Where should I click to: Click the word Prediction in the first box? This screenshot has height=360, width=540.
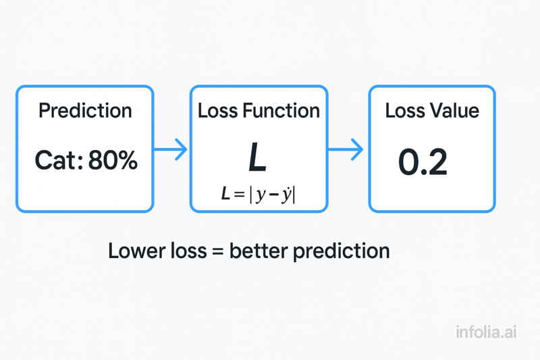tap(85, 111)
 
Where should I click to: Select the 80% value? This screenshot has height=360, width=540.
tap(112, 161)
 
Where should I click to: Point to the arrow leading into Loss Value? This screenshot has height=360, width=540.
tap(348, 149)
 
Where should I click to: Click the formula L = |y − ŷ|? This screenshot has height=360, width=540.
tap(259, 195)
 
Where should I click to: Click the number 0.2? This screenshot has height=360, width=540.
tap(423, 162)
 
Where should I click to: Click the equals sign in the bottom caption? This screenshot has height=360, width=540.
tap(217, 252)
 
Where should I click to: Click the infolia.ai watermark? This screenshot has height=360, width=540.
tap(486, 332)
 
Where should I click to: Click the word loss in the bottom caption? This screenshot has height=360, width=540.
tap(186, 251)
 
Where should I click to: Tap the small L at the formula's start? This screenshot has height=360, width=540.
tap(226, 195)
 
